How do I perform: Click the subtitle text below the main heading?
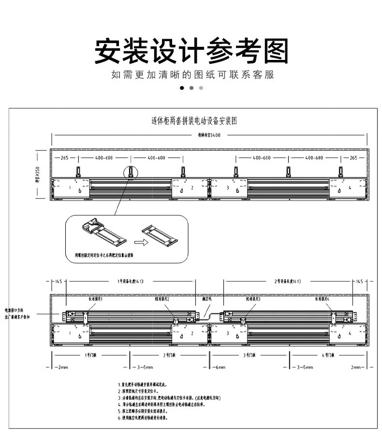[x=192, y=74]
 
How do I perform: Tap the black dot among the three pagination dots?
[x=182, y=88]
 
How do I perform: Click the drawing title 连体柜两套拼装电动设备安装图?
[x=194, y=120]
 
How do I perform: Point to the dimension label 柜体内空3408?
[x=209, y=135]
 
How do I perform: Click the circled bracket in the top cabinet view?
[x=131, y=172]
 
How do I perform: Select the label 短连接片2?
[x=162, y=299]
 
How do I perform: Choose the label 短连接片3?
[x=253, y=299]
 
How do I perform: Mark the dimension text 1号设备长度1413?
[x=131, y=281]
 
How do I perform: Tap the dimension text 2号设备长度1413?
[x=288, y=281]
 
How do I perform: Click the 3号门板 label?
[x=249, y=355]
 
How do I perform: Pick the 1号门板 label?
[x=91, y=355]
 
